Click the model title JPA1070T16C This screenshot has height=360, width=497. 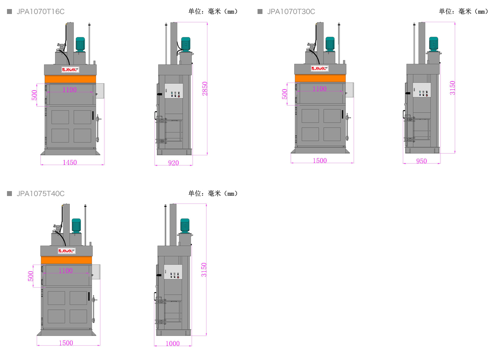[x=41, y=12]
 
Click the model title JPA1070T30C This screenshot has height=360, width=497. [x=291, y=12]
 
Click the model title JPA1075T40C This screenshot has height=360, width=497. [x=41, y=194]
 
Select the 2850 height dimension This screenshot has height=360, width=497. [x=205, y=89]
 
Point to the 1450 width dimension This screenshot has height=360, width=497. [x=69, y=162]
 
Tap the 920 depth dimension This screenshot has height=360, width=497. [x=174, y=163]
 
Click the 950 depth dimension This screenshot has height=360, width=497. [x=421, y=161]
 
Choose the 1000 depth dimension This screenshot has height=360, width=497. [x=173, y=344]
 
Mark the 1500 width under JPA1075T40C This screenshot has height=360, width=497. [x=66, y=343]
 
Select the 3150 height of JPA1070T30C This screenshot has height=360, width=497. [x=453, y=88]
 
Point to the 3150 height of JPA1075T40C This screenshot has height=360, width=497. [x=204, y=270]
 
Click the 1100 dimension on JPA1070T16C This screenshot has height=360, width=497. [x=69, y=90]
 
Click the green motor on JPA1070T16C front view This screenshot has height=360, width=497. [x=80, y=44]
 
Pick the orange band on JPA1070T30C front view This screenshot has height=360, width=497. [x=320, y=78]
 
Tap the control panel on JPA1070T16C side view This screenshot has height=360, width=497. [x=174, y=91]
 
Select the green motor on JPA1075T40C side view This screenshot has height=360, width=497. [x=185, y=226]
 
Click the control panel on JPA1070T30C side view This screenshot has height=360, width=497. [x=422, y=90]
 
